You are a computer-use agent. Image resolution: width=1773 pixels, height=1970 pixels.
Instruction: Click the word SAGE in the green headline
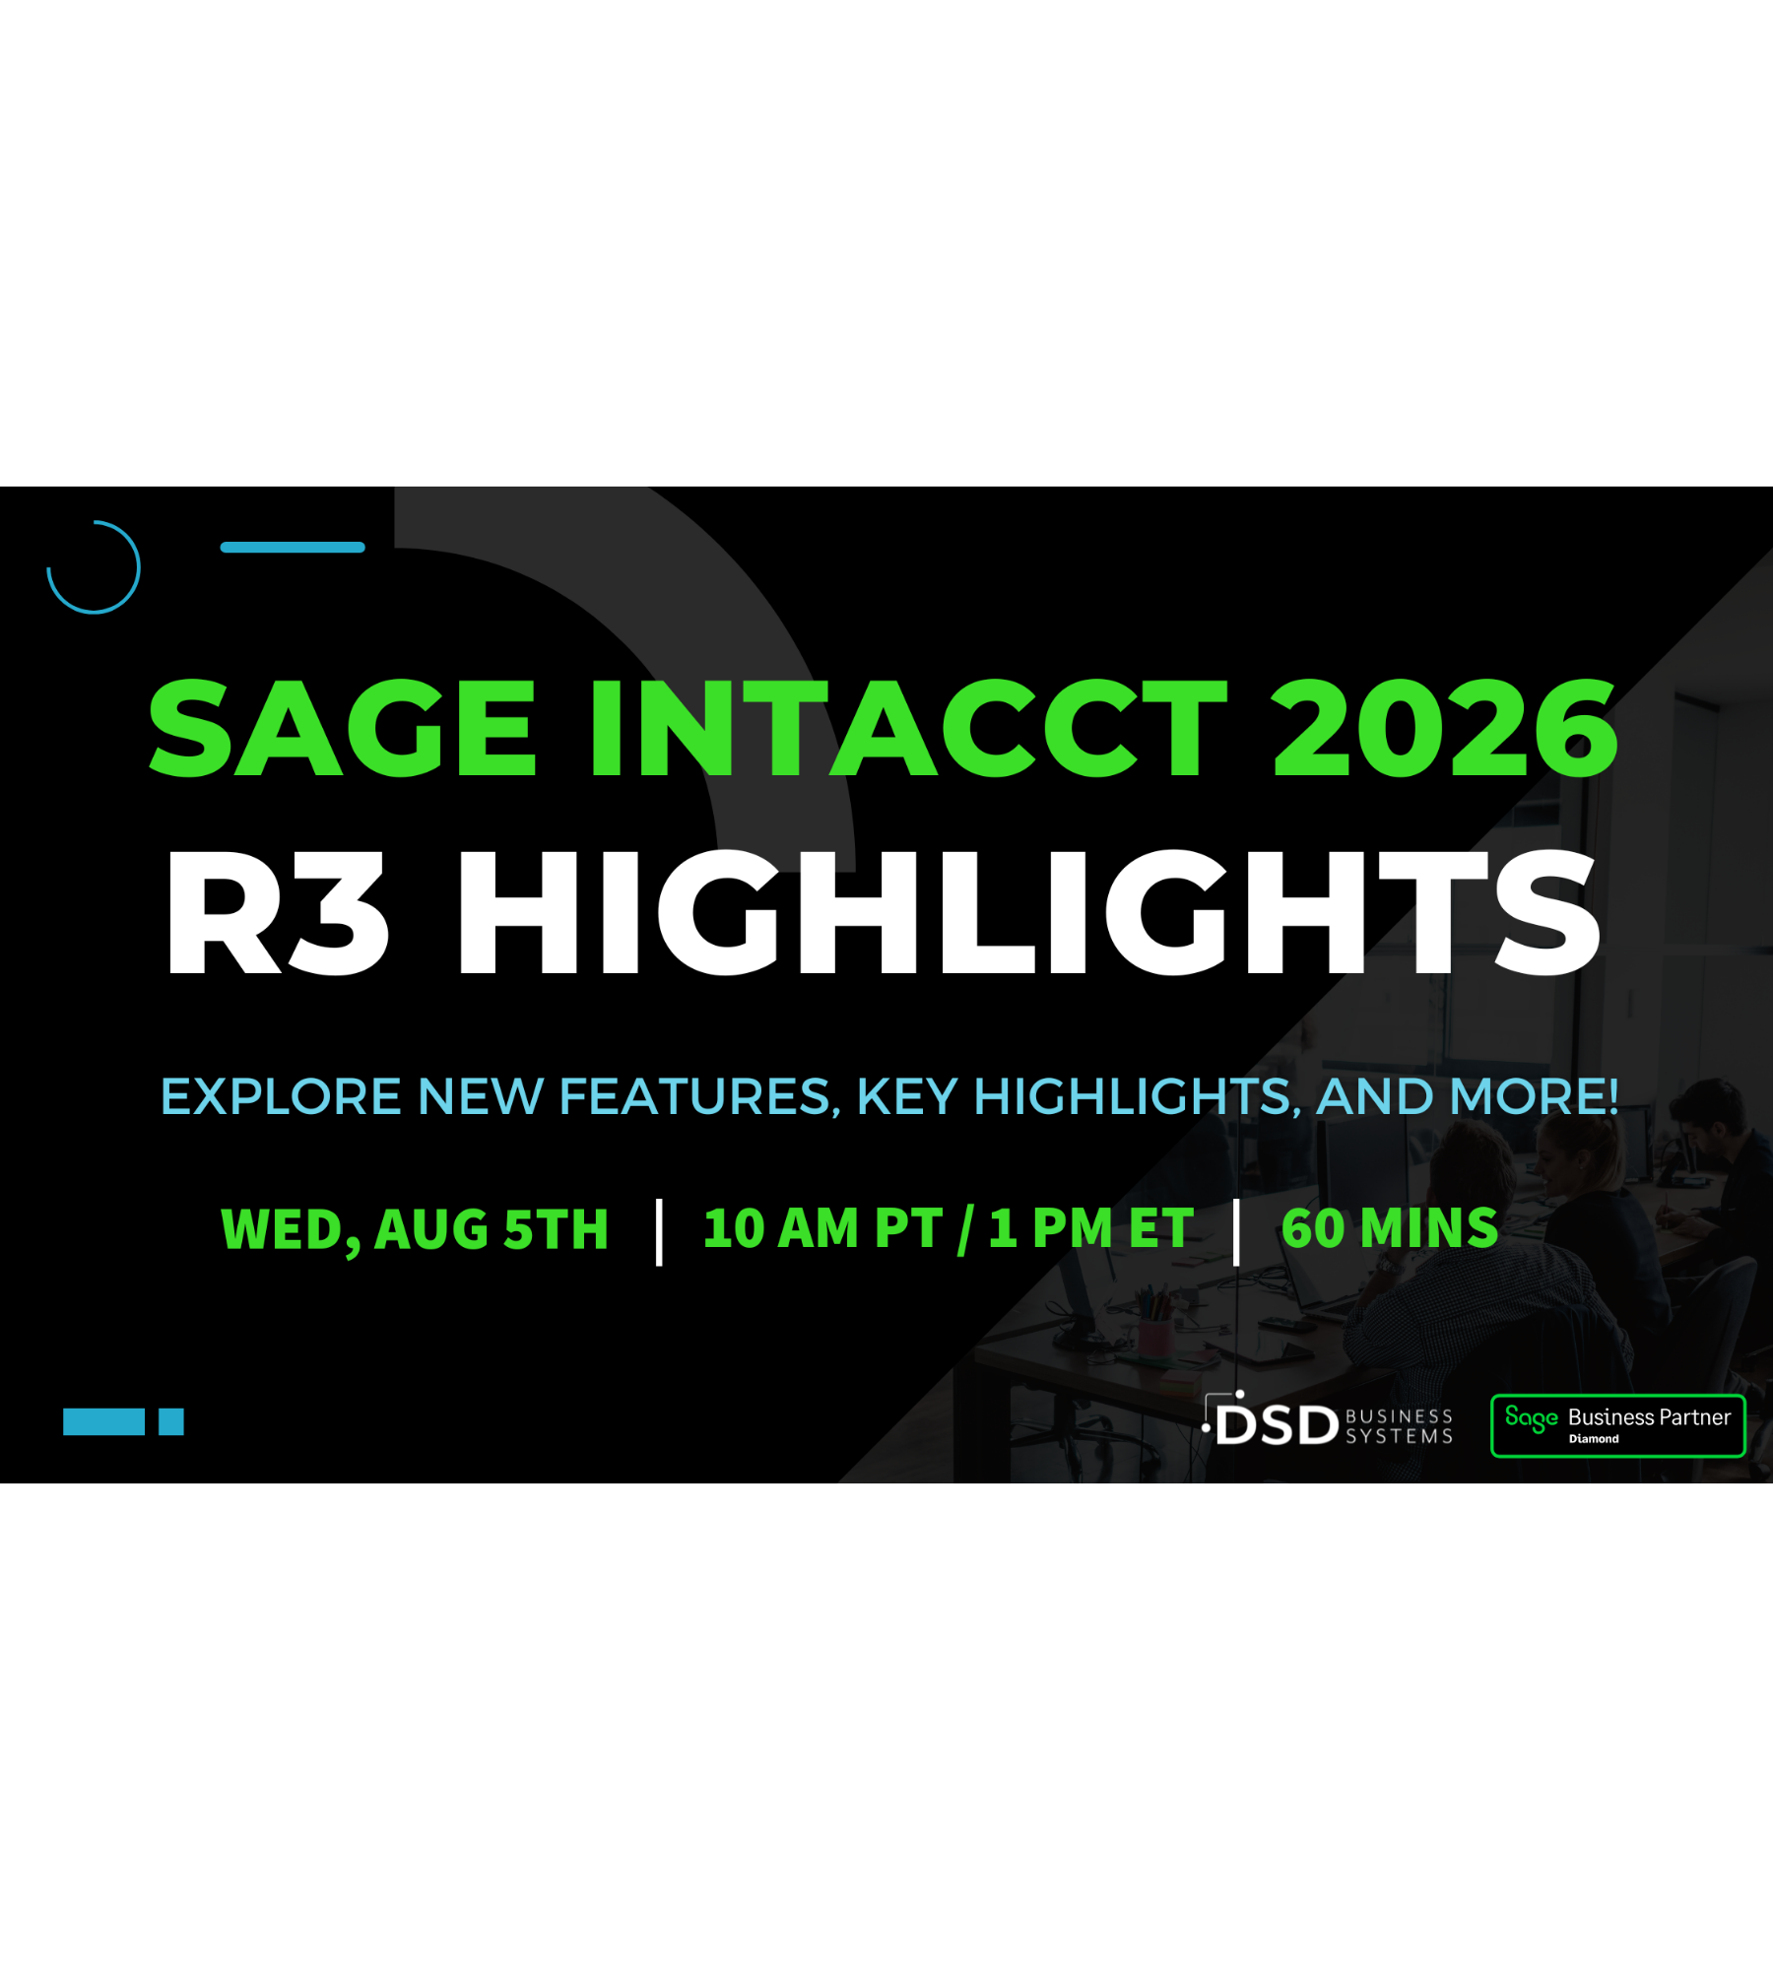pyautogui.click(x=342, y=728)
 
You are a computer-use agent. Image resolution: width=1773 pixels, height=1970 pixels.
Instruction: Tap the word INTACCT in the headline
pyautogui.click(x=909, y=728)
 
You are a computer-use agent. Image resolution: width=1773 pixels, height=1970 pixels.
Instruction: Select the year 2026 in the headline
pyautogui.click(x=1445, y=728)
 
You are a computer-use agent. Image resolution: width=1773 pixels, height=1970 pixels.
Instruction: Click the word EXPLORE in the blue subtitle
pyautogui.click(x=281, y=1096)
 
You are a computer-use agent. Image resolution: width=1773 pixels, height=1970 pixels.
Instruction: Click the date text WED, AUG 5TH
pyautogui.click(x=415, y=1229)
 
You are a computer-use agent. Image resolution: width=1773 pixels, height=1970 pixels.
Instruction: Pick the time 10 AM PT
pyautogui.click(x=822, y=1228)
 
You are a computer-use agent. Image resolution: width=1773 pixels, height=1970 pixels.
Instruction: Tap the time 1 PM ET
pyautogui.click(x=1091, y=1228)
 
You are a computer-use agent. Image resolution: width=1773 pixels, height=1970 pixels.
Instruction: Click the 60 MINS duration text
pyautogui.click(x=1389, y=1228)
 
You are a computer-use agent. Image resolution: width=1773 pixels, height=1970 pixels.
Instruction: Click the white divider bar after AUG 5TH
pyautogui.click(x=659, y=1232)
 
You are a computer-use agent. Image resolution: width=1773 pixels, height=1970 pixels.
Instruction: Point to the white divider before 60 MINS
pyautogui.click(x=1236, y=1232)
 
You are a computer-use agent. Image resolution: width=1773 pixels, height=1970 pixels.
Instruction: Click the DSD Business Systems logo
pyautogui.click(x=1327, y=1419)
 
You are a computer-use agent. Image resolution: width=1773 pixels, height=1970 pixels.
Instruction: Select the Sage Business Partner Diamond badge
pyautogui.click(x=1617, y=1425)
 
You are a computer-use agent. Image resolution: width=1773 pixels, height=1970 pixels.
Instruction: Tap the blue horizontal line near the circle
pyautogui.click(x=293, y=548)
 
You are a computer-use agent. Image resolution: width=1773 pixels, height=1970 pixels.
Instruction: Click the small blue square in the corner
pyautogui.click(x=171, y=1422)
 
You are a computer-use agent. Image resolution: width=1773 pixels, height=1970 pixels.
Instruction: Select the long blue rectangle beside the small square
pyautogui.click(x=103, y=1422)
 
